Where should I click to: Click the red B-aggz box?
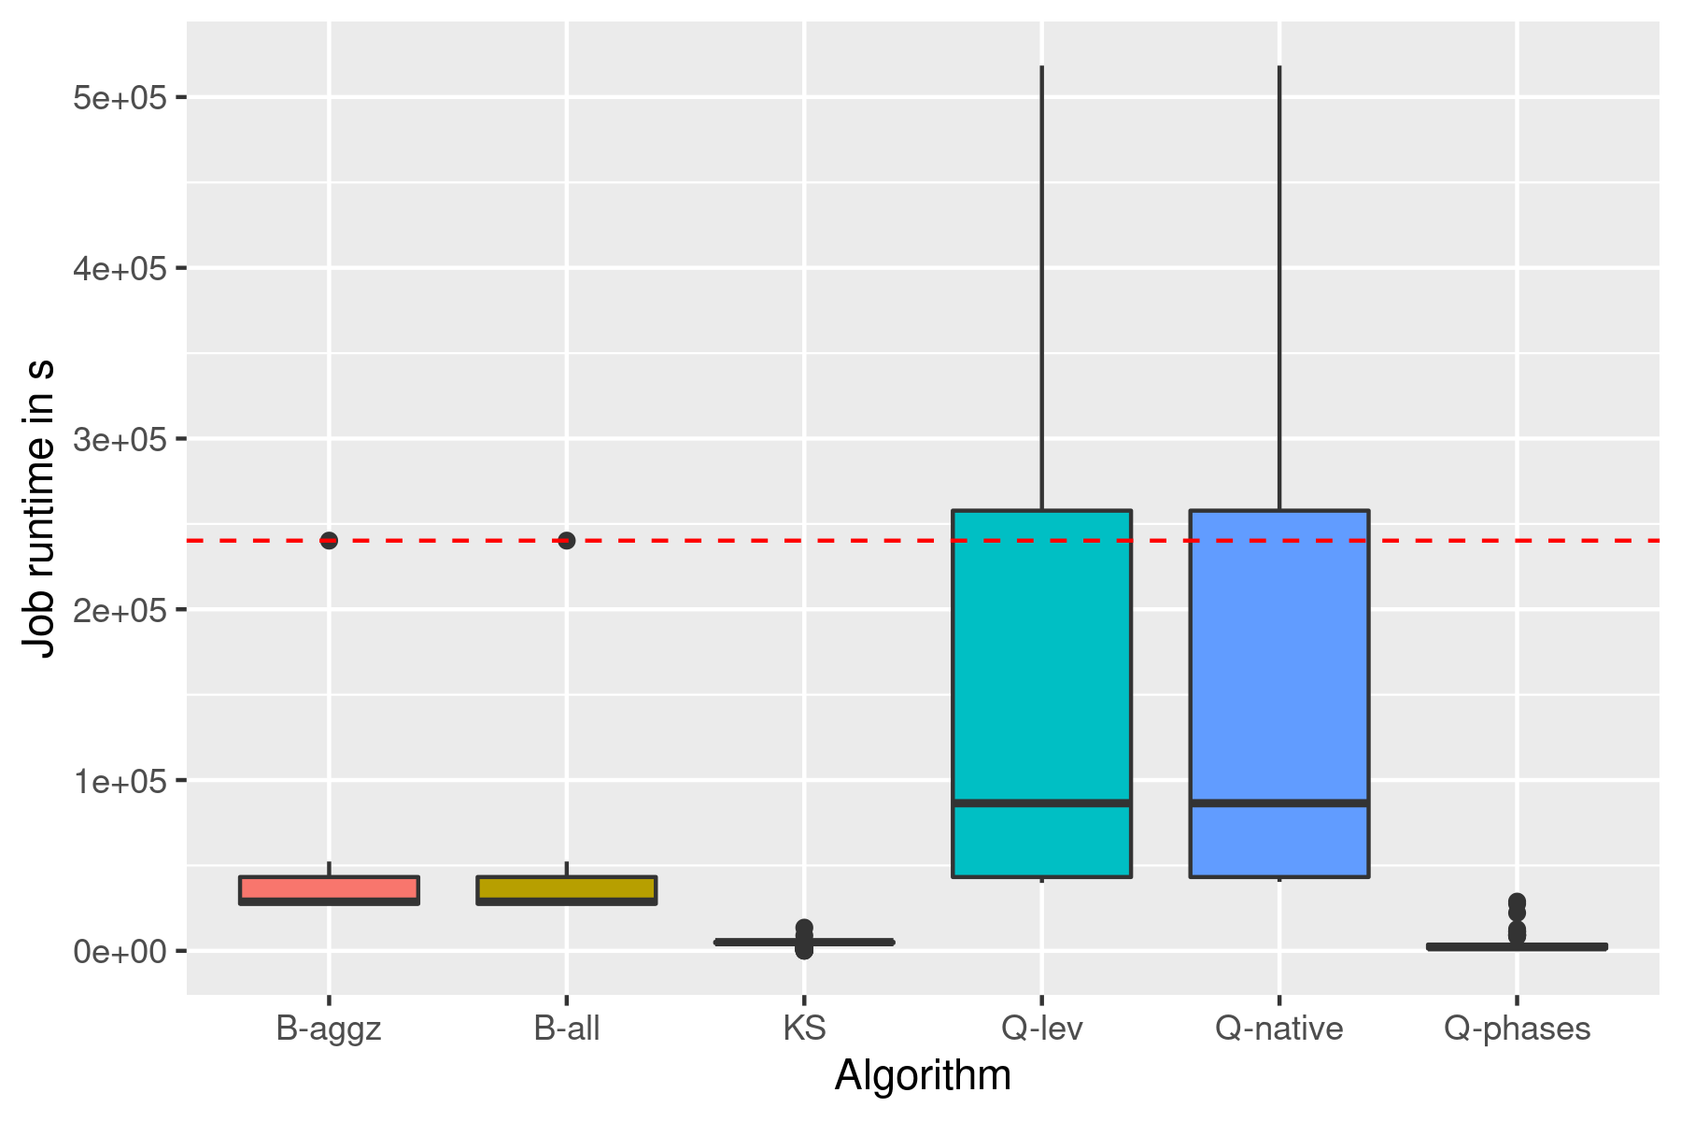pyautogui.click(x=329, y=888)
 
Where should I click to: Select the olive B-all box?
pyautogui.click(x=567, y=888)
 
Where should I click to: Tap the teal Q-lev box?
pyautogui.click(x=1041, y=654)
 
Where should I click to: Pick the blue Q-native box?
pyautogui.click(x=1278, y=654)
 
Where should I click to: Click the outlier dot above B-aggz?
pyautogui.click(x=329, y=540)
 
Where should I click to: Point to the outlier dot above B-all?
pyautogui.click(x=567, y=540)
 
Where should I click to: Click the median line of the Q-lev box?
pyautogui.click(x=1041, y=802)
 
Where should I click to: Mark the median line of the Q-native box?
pyautogui.click(x=1278, y=802)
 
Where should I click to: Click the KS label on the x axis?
pyautogui.click(x=804, y=1029)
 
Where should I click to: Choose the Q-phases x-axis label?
pyautogui.click(x=1517, y=1029)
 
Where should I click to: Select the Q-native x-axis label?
pyautogui.click(x=1278, y=1029)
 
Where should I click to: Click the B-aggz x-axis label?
pyautogui.click(x=329, y=1029)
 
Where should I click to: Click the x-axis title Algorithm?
pyautogui.click(x=923, y=1075)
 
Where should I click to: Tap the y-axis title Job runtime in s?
pyautogui.click(x=39, y=509)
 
